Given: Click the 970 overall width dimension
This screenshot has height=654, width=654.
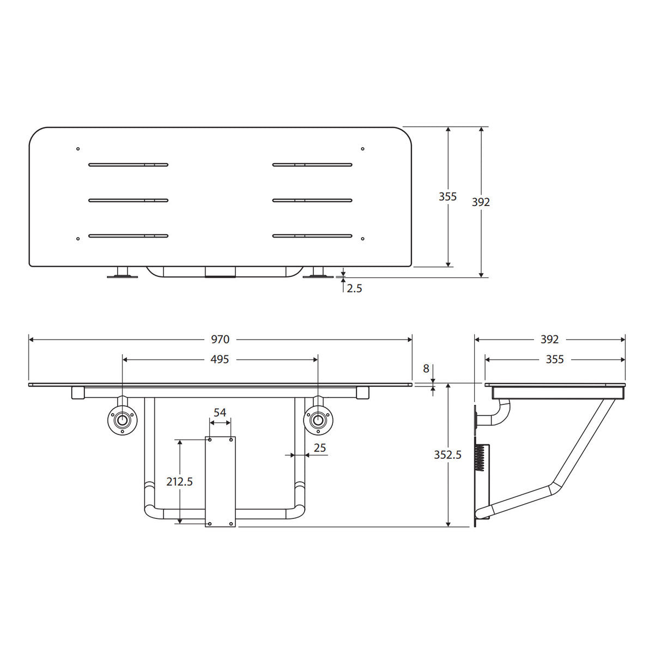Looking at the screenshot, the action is (220, 339).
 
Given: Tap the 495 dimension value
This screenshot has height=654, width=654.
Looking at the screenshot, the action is (220, 359).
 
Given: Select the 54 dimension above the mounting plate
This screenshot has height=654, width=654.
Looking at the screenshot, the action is (220, 413).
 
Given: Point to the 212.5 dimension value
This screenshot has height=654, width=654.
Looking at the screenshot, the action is (179, 481).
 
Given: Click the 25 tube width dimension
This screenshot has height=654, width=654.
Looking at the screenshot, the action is (320, 447).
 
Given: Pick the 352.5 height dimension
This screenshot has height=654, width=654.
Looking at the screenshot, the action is (447, 455).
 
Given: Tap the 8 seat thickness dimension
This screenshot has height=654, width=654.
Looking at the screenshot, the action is (426, 368).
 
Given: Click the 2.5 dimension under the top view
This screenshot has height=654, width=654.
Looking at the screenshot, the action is (354, 288).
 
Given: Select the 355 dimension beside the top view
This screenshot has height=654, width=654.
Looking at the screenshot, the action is (447, 197).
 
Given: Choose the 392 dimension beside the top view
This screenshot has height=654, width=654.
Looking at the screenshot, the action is (481, 202).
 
